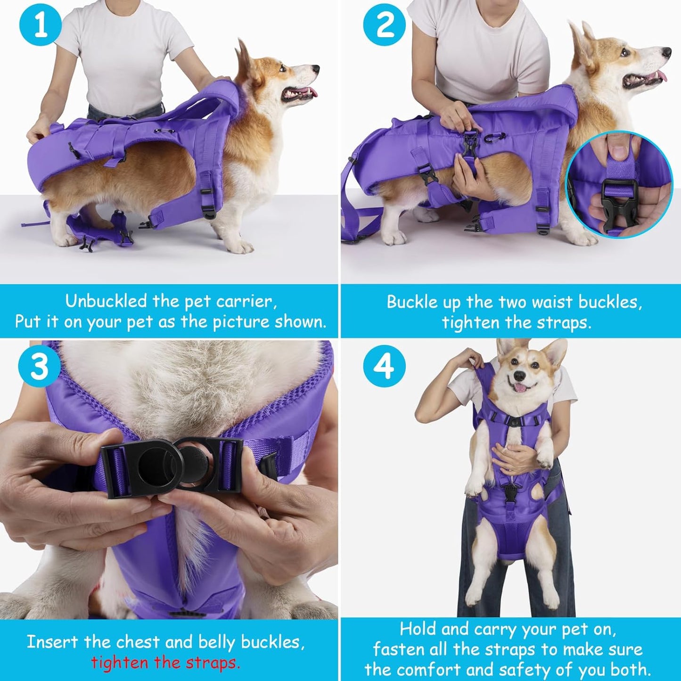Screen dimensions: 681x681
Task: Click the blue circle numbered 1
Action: [40, 25]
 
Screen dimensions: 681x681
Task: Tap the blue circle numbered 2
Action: [384, 25]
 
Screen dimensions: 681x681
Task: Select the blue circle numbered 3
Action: [39, 366]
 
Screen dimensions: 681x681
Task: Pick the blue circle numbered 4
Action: [384, 366]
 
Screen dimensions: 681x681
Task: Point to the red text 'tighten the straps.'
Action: [165, 663]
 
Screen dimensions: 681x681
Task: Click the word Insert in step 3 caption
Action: [52, 642]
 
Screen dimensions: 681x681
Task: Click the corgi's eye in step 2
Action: [625, 52]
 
